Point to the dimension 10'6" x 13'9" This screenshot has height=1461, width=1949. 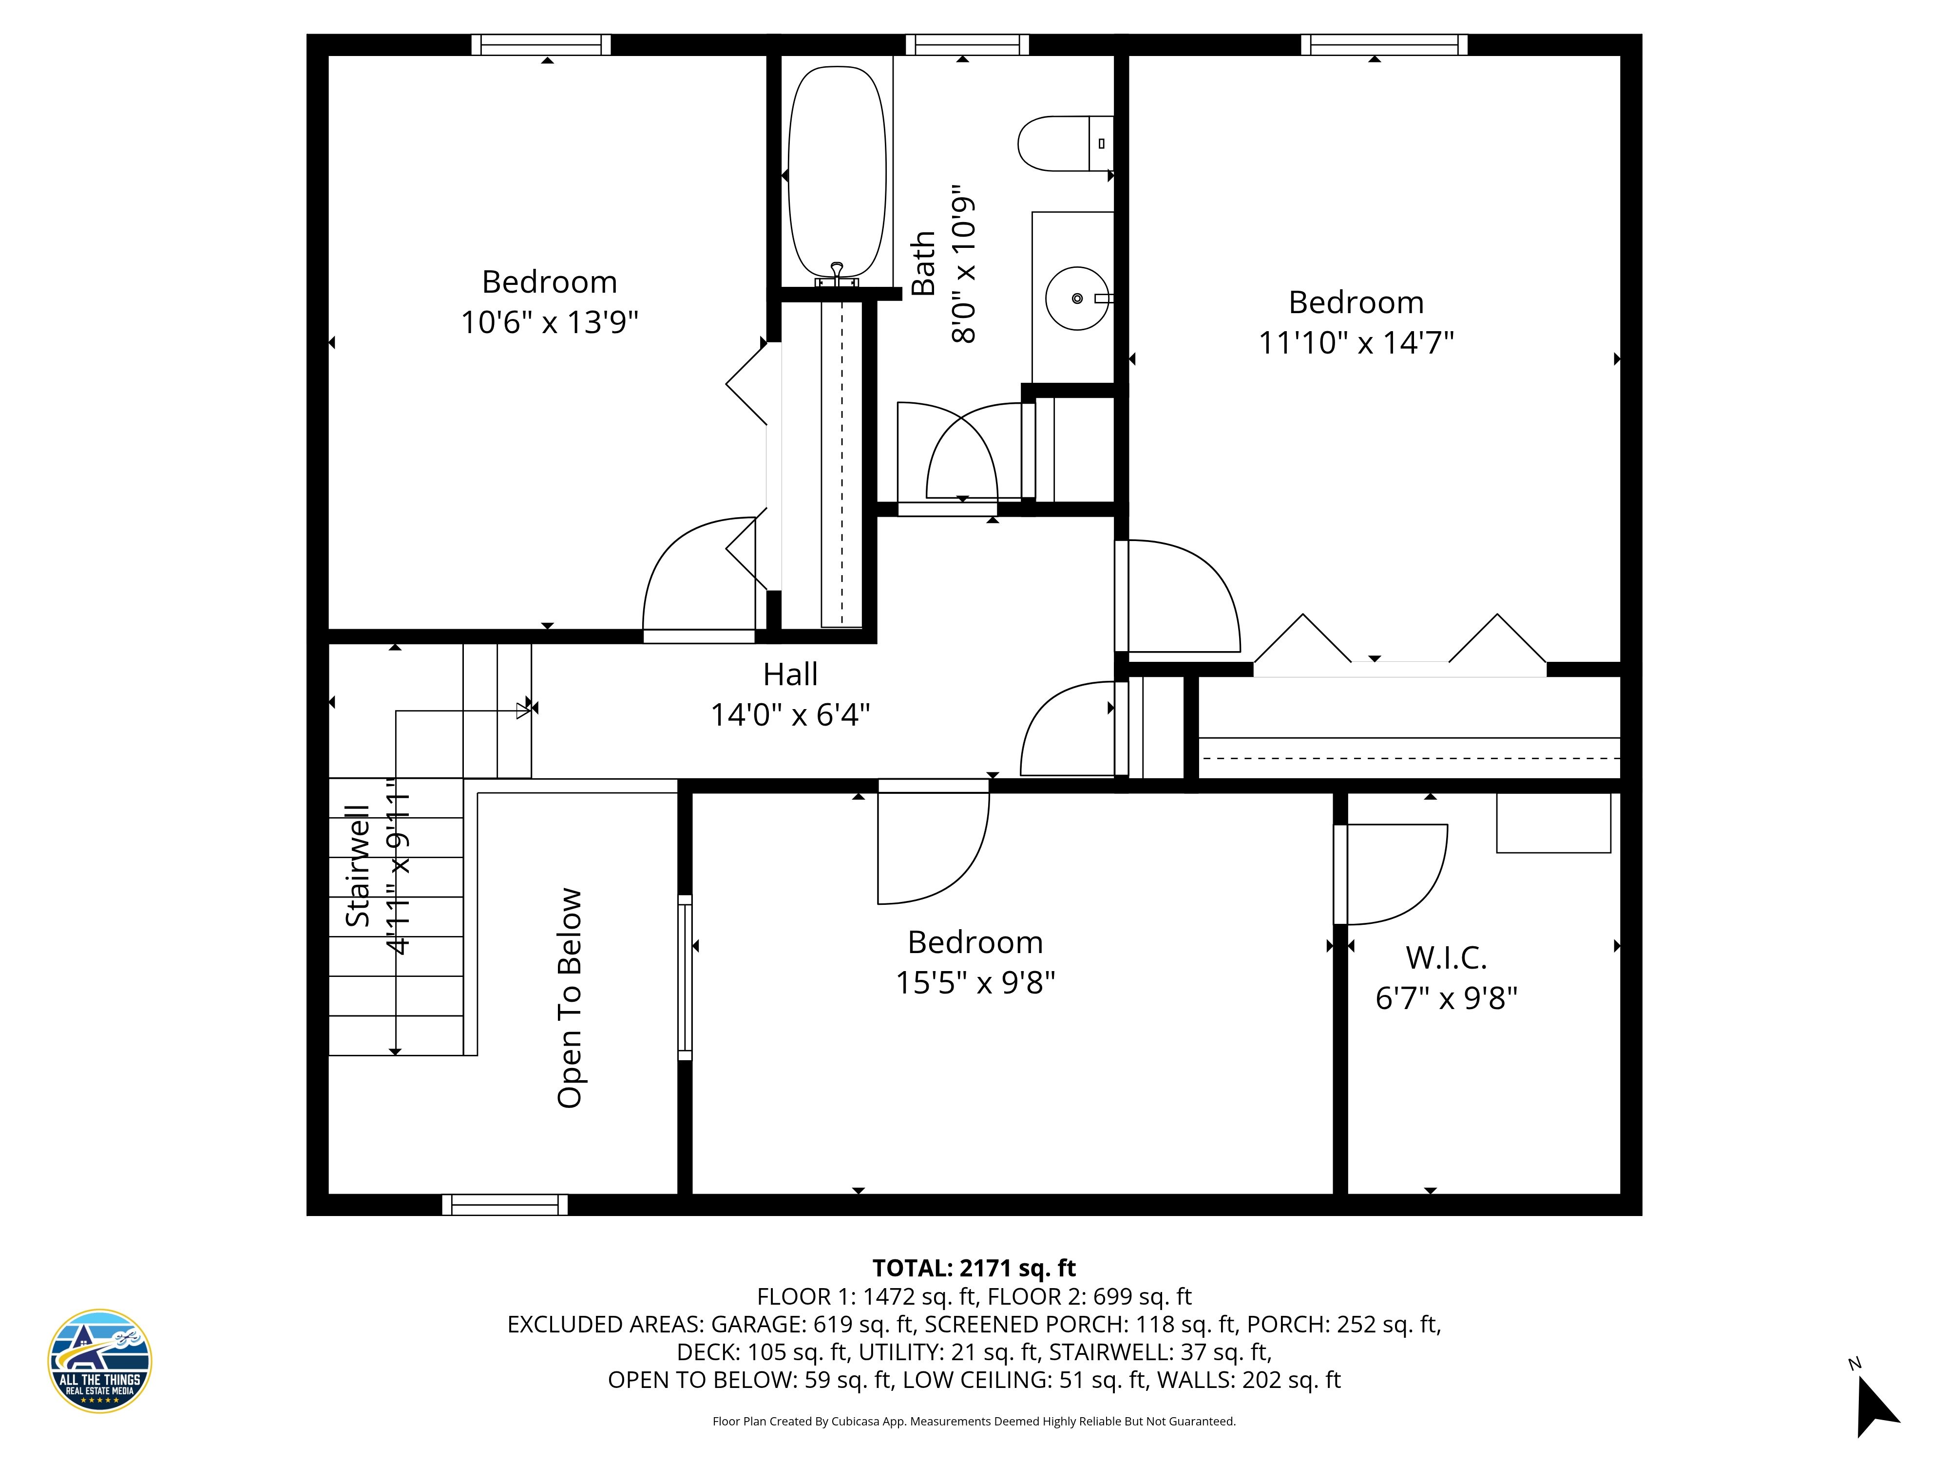point(549,322)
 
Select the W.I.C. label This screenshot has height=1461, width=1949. point(1446,957)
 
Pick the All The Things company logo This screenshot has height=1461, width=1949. point(99,1361)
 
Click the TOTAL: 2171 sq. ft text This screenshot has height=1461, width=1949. point(974,1268)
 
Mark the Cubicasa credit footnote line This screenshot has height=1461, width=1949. point(974,1422)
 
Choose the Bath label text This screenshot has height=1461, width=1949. point(922,263)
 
